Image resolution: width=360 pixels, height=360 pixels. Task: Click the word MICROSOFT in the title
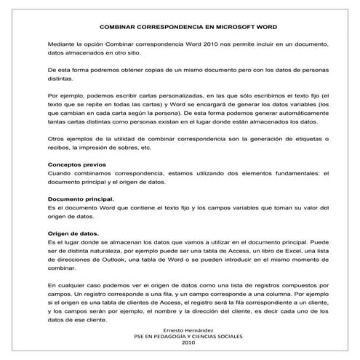[x=224, y=27]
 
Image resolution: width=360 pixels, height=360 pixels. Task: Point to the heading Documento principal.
[x=80, y=198]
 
